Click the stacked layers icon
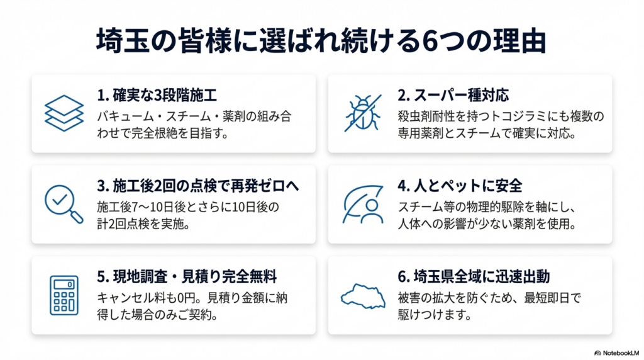64,113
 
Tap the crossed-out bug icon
363,113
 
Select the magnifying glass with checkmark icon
64,205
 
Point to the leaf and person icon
363,205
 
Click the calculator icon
64,295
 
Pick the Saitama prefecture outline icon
363,296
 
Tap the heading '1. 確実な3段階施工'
157,95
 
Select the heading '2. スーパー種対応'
453,95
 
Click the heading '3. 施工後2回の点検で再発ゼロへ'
198,186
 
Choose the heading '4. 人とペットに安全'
460,186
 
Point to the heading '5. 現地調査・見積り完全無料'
187,277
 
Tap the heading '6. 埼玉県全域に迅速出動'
474,277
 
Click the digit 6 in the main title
430,41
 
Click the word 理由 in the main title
519,41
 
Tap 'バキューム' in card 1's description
125,116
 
